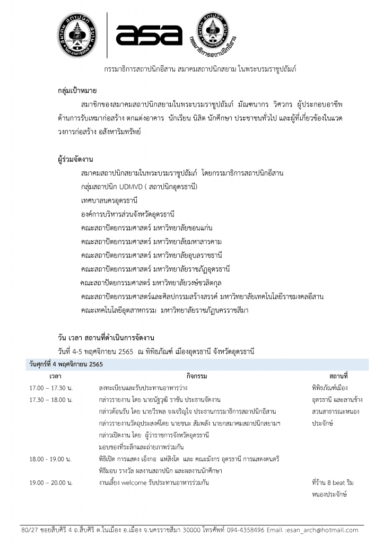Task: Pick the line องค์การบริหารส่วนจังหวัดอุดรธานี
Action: pyautogui.click(x=128, y=214)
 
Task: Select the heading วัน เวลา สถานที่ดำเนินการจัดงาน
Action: pyautogui.click(x=106, y=338)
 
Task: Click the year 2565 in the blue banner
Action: pyautogui.click(x=93, y=364)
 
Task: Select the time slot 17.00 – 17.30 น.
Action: pyautogui.click(x=51, y=388)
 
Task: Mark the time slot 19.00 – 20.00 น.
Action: pyautogui.click(x=51, y=483)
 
